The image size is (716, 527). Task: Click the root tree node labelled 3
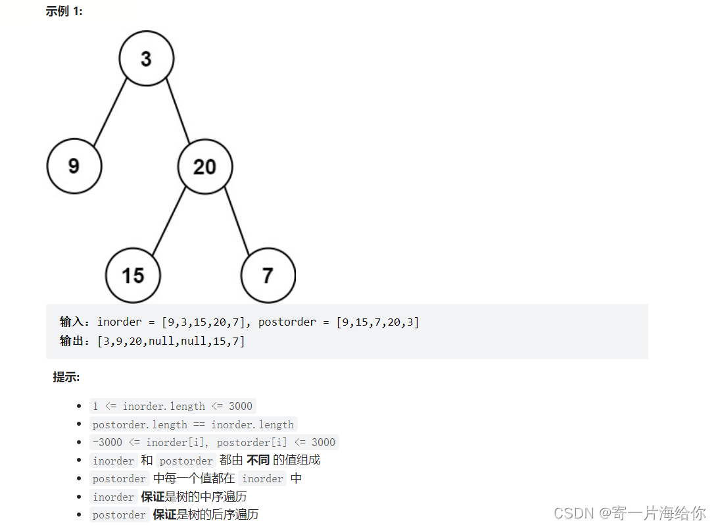(x=146, y=59)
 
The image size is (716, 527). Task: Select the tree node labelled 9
(x=74, y=166)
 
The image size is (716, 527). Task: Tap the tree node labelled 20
(x=204, y=166)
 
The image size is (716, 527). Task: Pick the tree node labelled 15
(x=133, y=274)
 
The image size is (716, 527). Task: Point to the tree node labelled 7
(x=268, y=274)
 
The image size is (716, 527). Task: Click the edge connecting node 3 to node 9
(x=110, y=112)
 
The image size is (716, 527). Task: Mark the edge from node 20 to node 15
(x=169, y=222)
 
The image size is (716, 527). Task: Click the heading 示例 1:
(x=64, y=11)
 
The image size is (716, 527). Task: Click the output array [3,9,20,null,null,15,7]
(x=171, y=341)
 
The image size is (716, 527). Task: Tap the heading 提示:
(x=66, y=377)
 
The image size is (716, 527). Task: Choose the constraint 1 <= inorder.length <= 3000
(x=172, y=406)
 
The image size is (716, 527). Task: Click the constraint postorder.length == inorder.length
(x=193, y=424)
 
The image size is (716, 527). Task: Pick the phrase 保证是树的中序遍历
(x=194, y=497)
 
